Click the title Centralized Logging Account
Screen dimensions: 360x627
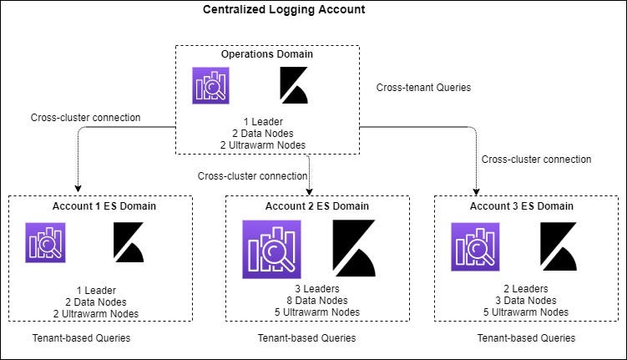coord(284,10)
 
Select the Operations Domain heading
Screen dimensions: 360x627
coord(267,54)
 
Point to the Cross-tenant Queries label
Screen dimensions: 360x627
coord(424,85)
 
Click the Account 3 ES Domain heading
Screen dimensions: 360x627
coord(522,205)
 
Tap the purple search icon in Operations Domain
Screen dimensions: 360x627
coord(212,86)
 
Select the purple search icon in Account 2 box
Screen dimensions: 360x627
coord(271,249)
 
